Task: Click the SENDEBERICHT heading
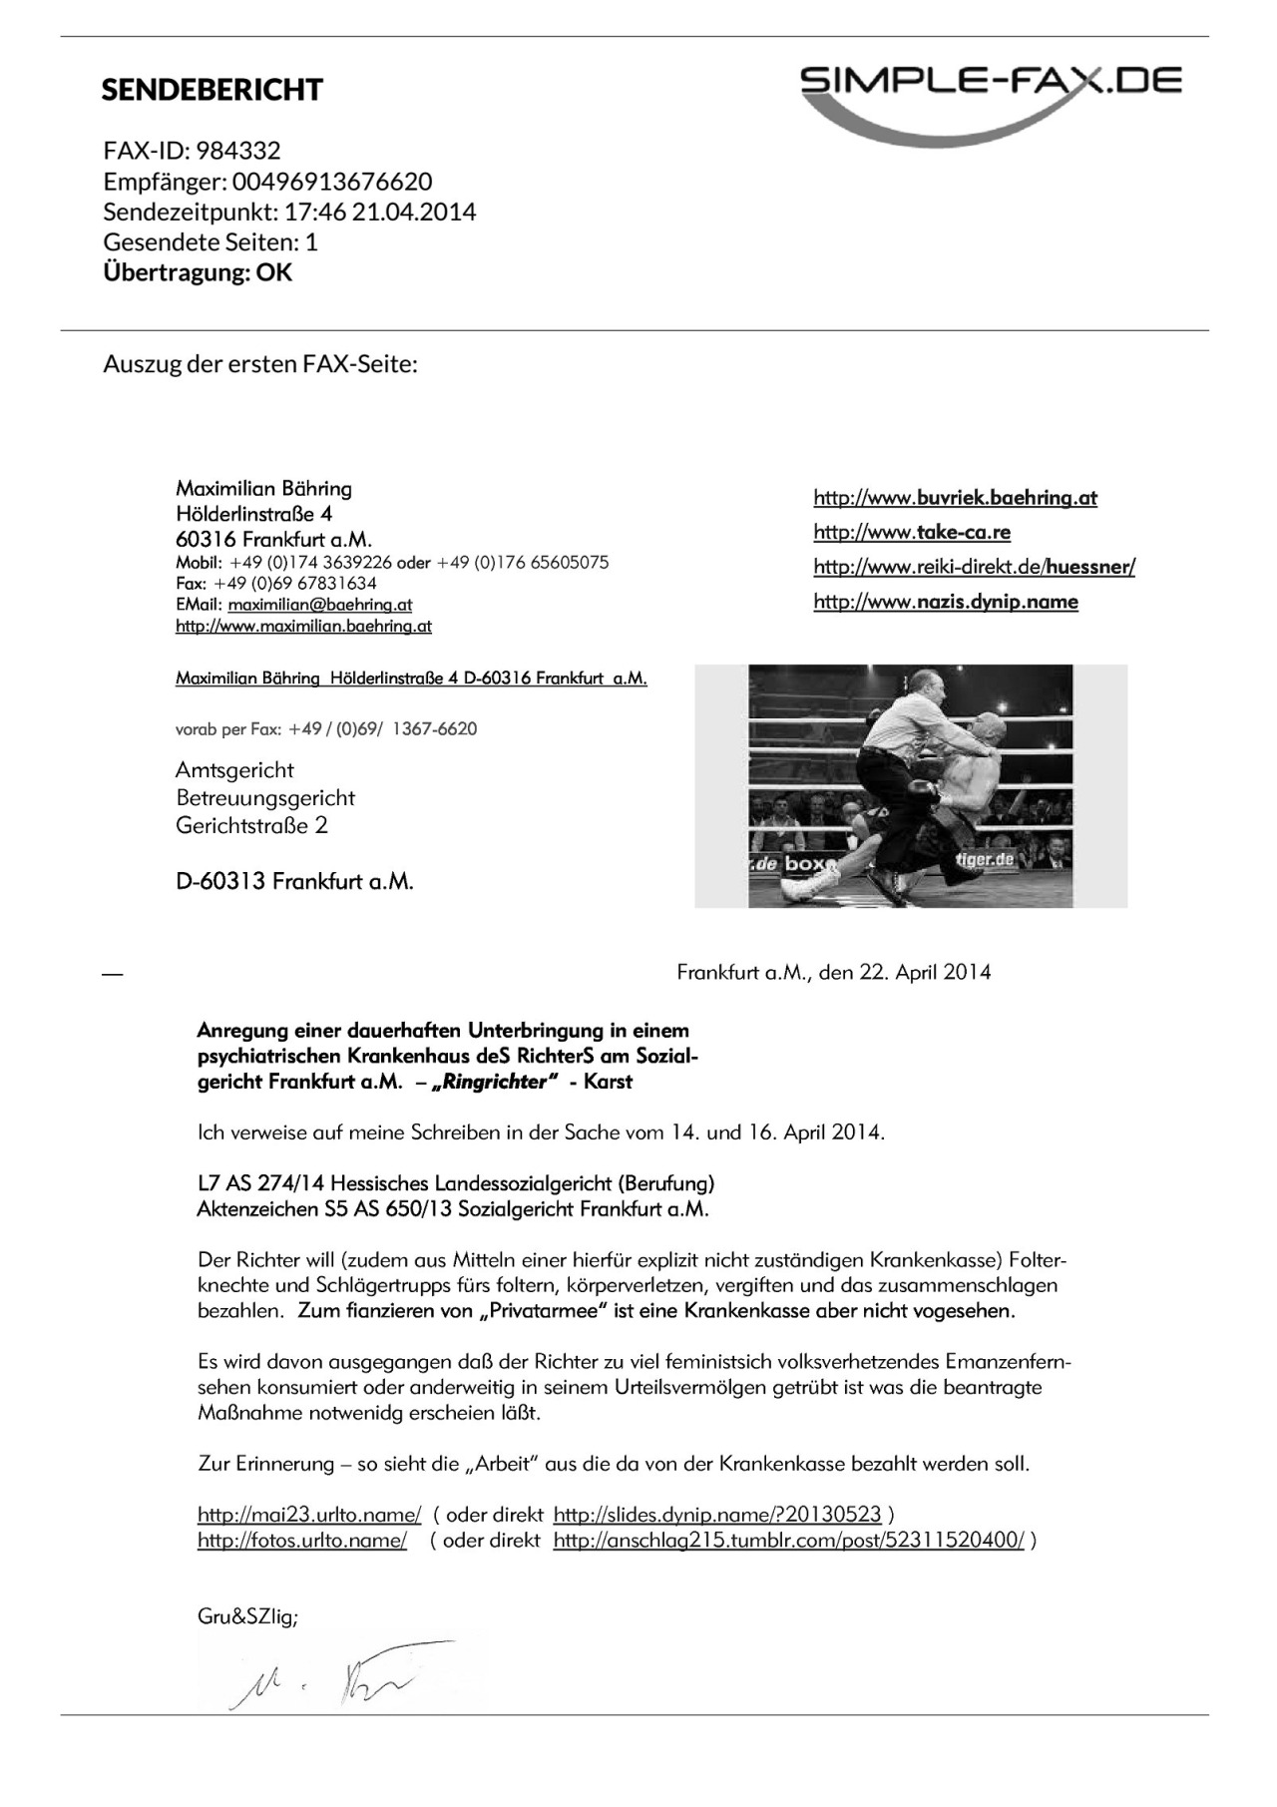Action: coord(212,90)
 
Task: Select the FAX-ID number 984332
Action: coord(238,151)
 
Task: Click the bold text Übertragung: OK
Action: coord(198,272)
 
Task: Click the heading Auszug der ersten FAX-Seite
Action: coord(260,364)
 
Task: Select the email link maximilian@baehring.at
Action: coord(319,605)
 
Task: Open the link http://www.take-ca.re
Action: coord(912,532)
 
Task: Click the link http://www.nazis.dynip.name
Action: coord(945,602)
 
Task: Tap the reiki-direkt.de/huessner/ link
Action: coord(974,567)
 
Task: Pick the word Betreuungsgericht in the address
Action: coord(265,798)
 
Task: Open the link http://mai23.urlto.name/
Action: coord(309,1515)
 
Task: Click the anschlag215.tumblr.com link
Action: coord(788,1541)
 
